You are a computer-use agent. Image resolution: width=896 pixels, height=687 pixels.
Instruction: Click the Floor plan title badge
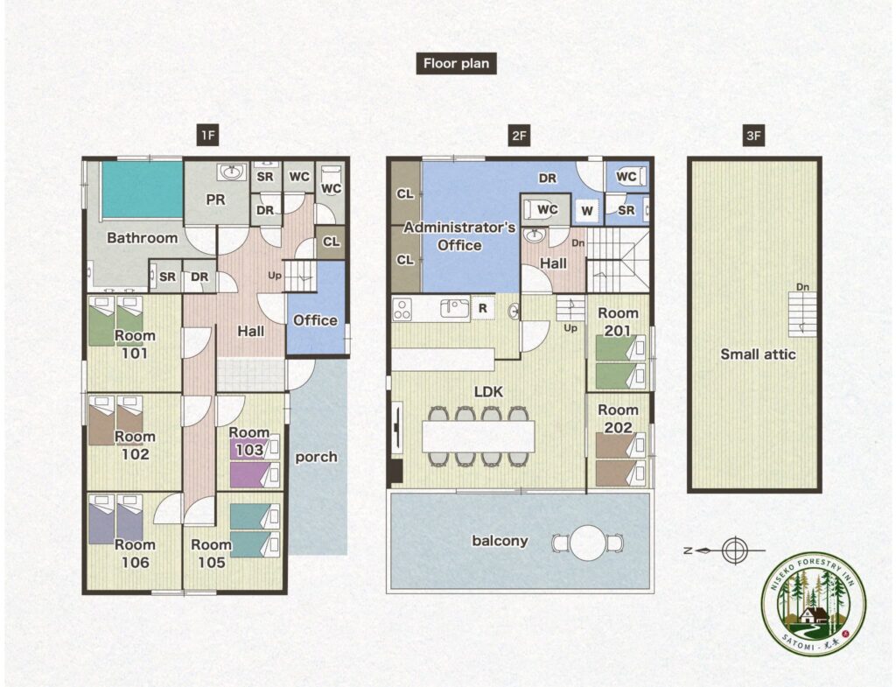point(456,63)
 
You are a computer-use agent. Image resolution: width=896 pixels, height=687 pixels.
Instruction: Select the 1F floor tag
point(207,136)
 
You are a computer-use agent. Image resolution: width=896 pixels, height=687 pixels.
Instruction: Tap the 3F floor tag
point(753,136)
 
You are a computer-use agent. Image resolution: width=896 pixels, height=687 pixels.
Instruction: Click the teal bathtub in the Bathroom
point(142,190)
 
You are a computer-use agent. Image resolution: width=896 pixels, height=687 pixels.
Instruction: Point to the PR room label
point(215,200)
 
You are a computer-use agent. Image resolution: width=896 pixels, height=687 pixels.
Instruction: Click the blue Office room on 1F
point(315,309)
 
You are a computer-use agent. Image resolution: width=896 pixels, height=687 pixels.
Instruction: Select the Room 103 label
point(249,441)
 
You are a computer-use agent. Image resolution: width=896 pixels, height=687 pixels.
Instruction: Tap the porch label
point(316,457)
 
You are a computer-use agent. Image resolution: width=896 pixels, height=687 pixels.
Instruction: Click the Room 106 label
point(135,553)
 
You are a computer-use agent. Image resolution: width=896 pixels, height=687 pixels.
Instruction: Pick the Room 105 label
point(211,553)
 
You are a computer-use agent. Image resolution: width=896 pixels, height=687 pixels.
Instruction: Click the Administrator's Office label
point(459,236)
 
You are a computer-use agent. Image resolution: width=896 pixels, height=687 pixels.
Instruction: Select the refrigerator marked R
point(483,309)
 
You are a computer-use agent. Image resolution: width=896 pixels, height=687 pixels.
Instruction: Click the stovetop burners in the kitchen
point(402,309)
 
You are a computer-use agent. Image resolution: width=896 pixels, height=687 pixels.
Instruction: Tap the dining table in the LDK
point(479,436)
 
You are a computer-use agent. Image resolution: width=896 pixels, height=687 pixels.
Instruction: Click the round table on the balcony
point(588,543)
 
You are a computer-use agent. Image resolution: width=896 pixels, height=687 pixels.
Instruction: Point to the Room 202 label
point(618,418)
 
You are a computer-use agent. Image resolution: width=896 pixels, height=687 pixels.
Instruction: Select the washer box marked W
point(587,211)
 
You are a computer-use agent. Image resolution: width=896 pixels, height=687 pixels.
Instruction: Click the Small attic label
point(758,354)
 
